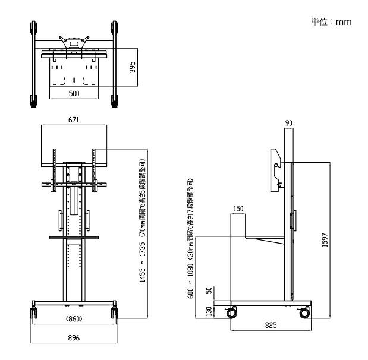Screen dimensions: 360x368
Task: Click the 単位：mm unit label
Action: (331, 22)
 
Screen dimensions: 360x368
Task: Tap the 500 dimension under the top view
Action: (74, 94)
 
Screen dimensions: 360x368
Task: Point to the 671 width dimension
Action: (74, 120)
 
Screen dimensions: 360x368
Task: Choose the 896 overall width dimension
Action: (74, 338)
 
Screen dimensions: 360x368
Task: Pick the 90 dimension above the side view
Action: (289, 124)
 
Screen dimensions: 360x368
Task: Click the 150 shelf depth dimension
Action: (238, 209)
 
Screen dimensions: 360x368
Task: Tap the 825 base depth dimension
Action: (270, 326)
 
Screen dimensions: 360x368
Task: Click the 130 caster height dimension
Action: (208, 311)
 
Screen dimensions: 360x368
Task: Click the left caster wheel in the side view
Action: (231, 311)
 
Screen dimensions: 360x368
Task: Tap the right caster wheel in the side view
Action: (305, 311)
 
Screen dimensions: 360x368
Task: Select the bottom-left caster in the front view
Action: (33, 312)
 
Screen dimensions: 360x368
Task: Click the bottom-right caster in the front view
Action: (114, 312)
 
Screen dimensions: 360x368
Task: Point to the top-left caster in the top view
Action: (33, 28)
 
